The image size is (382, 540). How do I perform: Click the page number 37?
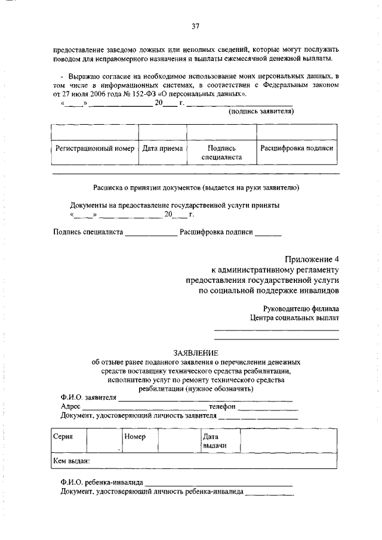[195, 26]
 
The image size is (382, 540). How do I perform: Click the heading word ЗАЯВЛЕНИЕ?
[195, 353]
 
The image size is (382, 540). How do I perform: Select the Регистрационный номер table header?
[95, 148]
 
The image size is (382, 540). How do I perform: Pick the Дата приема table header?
[162, 148]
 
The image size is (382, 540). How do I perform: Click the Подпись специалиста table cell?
[221, 153]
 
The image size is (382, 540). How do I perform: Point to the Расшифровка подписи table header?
[297, 148]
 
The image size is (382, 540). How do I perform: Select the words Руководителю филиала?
[301, 309]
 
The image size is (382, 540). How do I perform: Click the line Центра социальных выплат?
[294, 318]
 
